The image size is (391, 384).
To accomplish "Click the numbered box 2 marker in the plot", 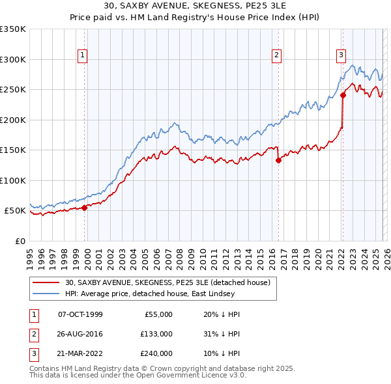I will pos(277,56).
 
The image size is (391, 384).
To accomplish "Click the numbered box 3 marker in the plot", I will pos(341,56).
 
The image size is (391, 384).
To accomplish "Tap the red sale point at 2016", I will pos(278,159).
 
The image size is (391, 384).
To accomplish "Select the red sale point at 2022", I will pos(343,95).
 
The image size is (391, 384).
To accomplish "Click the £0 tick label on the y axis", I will pos(20,241).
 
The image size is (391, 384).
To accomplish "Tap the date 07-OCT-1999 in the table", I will pos(80,314).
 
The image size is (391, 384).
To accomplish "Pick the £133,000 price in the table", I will pos(156,334).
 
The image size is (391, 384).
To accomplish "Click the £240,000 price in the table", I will pos(156,353).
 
